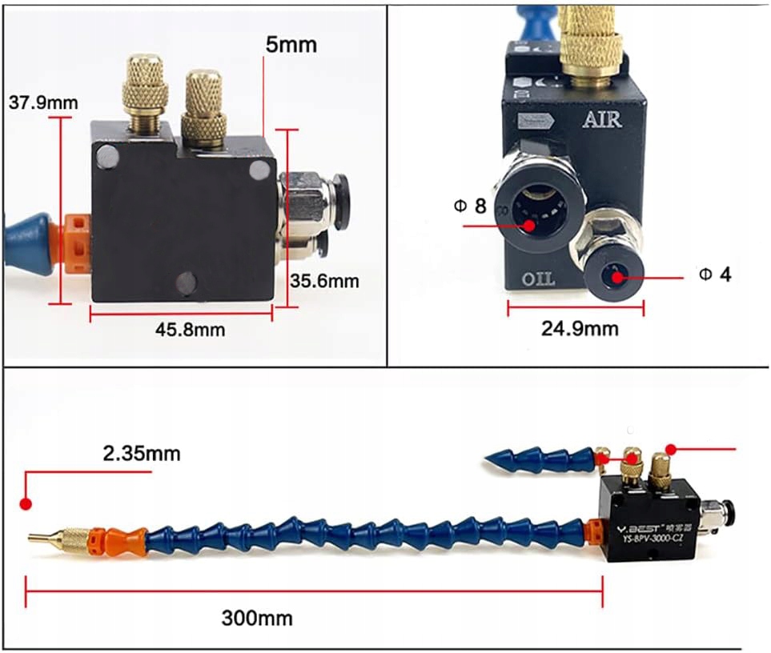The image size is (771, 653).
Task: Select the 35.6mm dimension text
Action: tap(324, 281)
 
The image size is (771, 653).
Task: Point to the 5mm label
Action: tap(291, 45)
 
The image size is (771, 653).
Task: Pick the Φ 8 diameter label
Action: tap(470, 206)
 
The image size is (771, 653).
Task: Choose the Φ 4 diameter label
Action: tap(715, 274)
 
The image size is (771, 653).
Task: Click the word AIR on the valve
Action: tap(602, 120)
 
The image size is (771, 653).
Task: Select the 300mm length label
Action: tap(256, 618)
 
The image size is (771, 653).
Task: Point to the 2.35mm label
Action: tap(141, 454)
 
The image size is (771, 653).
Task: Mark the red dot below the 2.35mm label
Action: tap(26, 504)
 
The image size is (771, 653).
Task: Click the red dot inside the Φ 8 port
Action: tap(530, 226)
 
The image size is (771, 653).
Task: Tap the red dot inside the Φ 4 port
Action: tap(617, 278)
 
